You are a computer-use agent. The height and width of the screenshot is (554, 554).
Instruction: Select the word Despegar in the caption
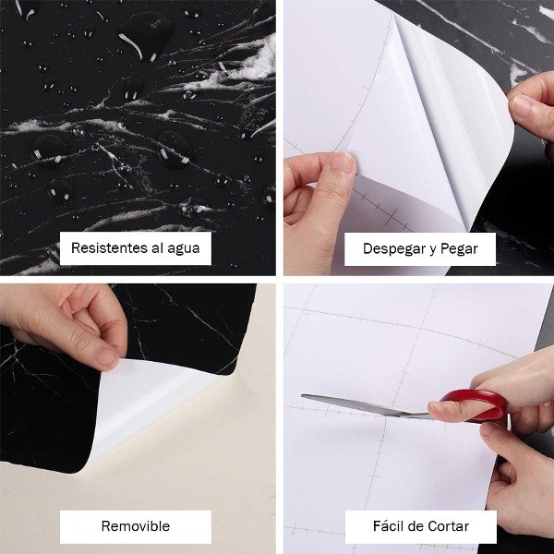tap(393, 249)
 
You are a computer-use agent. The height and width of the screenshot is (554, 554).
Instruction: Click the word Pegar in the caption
tap(459, 249)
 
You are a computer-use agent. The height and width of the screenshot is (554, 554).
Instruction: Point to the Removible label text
tap(136, 526)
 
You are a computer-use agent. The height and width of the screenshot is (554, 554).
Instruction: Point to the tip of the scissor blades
tap(302, 396)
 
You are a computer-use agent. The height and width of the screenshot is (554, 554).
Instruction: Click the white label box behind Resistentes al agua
tap(136, 248)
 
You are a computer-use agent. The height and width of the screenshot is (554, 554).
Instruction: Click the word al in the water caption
tap(157, 248)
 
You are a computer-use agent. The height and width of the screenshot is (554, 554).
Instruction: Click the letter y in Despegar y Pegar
tap(432, 250)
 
